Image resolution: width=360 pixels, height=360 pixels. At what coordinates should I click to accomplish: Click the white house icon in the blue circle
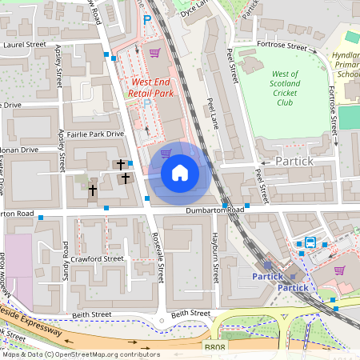180,172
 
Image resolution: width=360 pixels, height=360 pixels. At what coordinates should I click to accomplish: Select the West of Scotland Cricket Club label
285,88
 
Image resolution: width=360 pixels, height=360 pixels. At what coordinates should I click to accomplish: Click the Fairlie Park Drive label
96,134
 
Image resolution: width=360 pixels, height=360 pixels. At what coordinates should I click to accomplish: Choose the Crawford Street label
96,258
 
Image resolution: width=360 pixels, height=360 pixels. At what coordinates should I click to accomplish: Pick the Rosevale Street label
158,257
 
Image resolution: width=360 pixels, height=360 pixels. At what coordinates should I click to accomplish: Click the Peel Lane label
213,113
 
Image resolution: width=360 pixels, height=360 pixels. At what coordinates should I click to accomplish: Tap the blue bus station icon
310,243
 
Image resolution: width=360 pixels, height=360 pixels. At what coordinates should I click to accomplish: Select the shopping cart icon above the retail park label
154,53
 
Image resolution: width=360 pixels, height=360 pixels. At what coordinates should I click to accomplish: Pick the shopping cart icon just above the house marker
166,154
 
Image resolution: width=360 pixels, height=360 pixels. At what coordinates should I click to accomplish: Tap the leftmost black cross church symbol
93,190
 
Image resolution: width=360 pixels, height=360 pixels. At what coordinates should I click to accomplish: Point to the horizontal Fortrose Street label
282,47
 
